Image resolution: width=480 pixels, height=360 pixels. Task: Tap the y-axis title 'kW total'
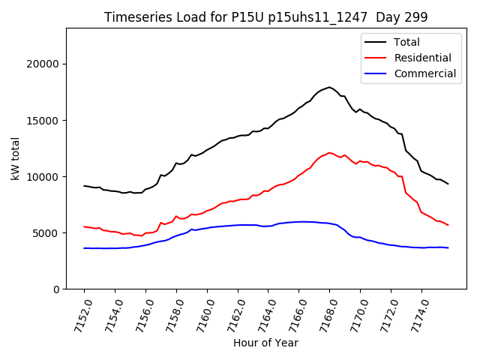[16, 158]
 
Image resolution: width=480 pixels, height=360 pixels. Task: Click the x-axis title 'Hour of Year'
[265, 343]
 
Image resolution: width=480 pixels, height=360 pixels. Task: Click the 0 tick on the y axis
[57, 289]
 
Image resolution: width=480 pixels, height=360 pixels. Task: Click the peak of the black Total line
[329, 87]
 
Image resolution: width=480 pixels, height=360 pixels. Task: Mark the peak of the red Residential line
[330, 152]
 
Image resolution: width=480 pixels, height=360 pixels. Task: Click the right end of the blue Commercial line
[448, 247]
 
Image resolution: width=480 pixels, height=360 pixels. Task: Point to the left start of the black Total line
[84, 185]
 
